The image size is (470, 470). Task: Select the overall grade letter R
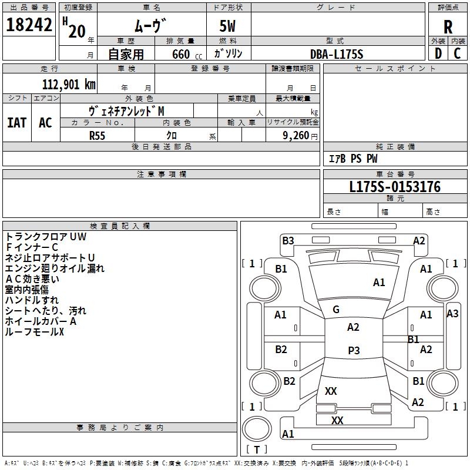(x=448, y=27)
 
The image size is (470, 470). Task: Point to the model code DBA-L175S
(x=337, y=54)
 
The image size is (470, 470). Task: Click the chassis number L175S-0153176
(x=394, y=187)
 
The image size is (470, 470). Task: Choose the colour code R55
(x=98, y=135)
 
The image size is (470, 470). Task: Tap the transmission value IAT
(x=16, y=123)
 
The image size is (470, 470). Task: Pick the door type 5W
(x=229, y=27)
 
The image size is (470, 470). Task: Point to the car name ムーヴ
(x=151, y=26)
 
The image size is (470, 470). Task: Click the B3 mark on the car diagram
(x=288, y=240)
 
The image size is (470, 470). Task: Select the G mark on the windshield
(x=336, y=310)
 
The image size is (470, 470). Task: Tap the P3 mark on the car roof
(x=354, y=350)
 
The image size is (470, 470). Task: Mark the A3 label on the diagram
(x=452, y=313)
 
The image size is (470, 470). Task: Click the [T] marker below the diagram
(x=256, y=450)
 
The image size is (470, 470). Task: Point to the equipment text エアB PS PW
(x=352, y=159)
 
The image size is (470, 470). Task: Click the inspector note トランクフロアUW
(x=46, y=237)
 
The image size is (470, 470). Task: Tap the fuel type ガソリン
(x=229, y=53)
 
